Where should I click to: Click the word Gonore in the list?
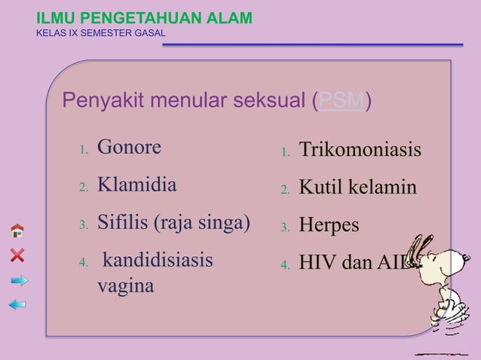tap(129, 147)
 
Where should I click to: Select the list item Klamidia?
tap(136, 185)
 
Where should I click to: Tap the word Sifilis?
tap(123, 224)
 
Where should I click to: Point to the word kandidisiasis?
tap(158, 261)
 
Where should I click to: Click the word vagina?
tap(125, 287)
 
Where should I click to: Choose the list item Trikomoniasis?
tap(360, 150)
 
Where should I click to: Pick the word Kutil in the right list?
tap(320, 188)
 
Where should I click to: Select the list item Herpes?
tap(329, 226)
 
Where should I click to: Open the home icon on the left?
tap(17, 230)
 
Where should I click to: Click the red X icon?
tap(17, 255)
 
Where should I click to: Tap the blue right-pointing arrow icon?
tap(19, 281)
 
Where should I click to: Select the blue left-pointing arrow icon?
tap(17, 304)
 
